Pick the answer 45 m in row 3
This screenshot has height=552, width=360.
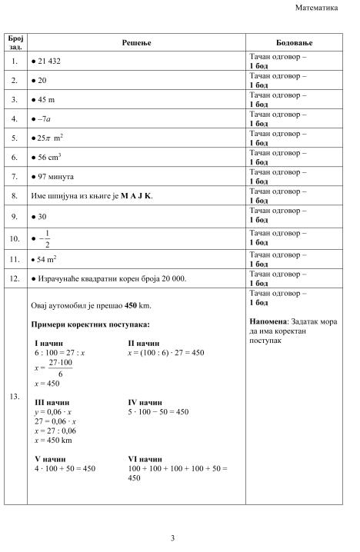(46, 99)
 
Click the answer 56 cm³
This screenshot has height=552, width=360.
(49, 158)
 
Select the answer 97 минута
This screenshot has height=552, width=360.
(55, 178)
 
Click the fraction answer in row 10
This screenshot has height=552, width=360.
(48, 238)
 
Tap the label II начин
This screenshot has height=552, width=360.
(143, 343)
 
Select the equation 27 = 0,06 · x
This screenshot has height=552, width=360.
(55, 421)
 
